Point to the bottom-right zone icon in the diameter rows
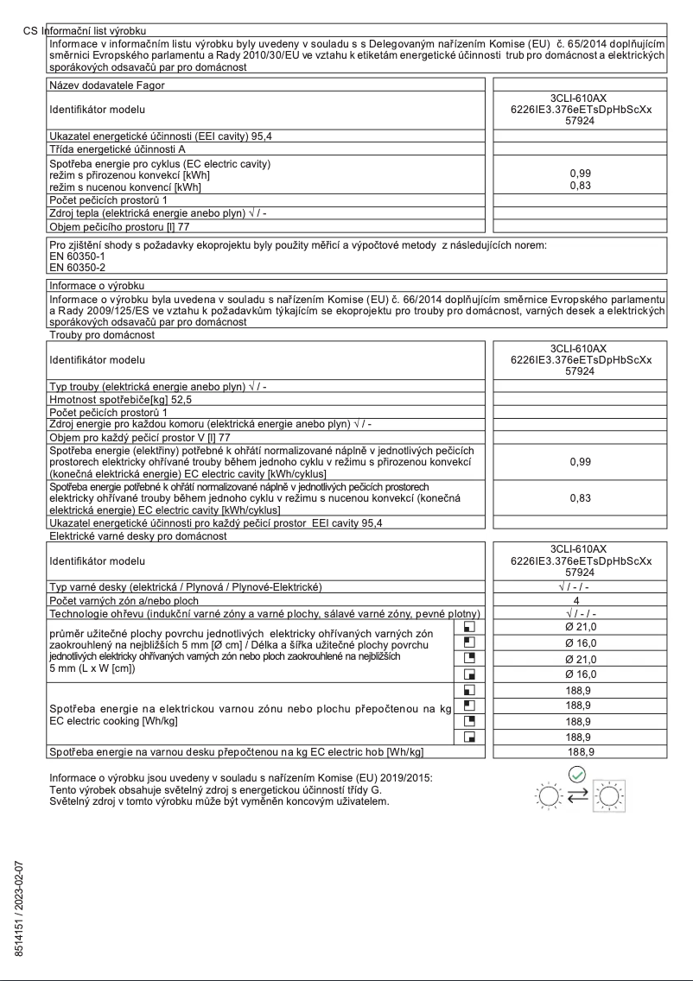click(x=470, y=673)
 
